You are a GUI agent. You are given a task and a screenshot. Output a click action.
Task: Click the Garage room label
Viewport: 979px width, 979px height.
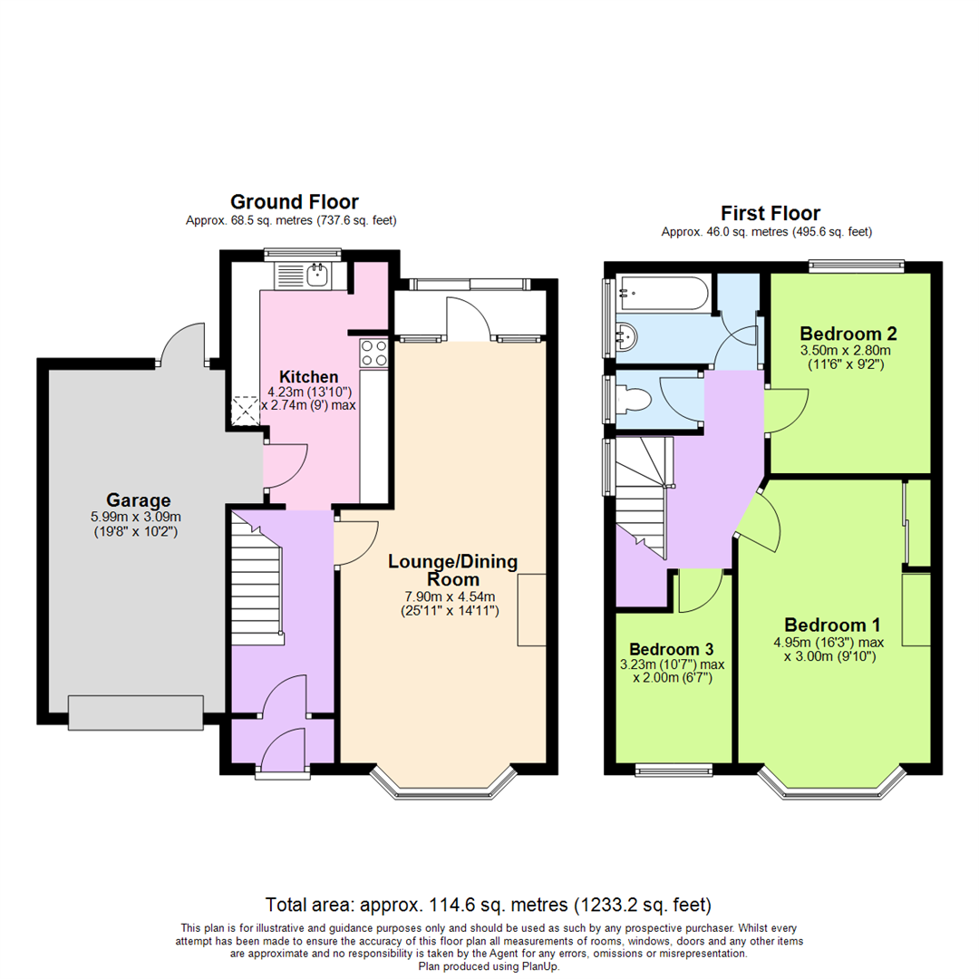pos(138,499)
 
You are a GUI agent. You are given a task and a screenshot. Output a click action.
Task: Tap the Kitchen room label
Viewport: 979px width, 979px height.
pos(308,376)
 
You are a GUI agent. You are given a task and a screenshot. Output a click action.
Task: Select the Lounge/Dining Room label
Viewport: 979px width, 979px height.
pos(452,570)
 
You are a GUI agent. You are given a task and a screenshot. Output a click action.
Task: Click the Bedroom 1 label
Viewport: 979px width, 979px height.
pos(832,625)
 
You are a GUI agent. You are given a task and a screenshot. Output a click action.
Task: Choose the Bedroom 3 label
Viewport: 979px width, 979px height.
pos(672,649)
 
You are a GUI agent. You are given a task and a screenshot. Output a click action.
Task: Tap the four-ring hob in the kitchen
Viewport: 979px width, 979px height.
pos(373,352)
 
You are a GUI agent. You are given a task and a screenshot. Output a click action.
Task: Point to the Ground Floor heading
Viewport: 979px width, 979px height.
pos(294,201)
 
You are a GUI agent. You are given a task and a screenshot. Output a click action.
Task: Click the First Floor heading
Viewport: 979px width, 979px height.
pos(770,213)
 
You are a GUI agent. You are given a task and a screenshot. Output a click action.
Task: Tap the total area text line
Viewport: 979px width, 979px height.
pos(489,905)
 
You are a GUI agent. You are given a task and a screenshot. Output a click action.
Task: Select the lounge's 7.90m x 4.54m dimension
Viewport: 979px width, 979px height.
pos(451,596)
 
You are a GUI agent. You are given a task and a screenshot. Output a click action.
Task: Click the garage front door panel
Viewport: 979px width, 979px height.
pos(136,712)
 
